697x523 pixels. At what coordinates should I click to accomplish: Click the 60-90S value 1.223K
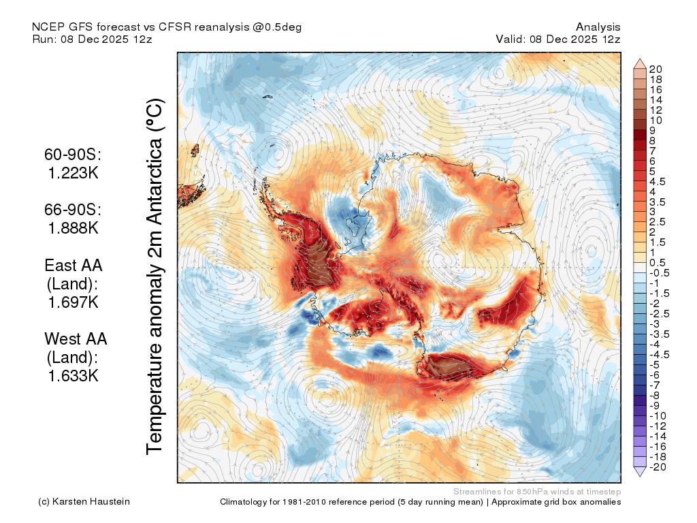coord(74,172)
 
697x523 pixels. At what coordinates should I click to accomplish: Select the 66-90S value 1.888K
coord(74,227)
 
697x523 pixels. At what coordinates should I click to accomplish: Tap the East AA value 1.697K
coord(74,302)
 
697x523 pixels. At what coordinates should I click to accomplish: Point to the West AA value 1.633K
coord(74,376)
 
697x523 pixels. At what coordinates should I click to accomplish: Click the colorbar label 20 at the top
coord(655,69)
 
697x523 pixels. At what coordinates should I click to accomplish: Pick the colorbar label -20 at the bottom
coord(658,467)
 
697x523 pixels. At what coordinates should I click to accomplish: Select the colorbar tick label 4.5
coord(658,182)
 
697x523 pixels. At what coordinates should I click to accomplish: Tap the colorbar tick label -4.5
coord(659,355)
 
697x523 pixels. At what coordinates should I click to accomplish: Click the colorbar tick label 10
coord(655,121)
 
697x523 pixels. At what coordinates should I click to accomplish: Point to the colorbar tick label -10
coord(658,416)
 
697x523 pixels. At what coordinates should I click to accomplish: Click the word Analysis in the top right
coord(598,27)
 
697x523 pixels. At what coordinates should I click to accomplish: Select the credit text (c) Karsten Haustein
coord(84,502)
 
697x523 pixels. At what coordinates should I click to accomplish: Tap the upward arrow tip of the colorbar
coord(640,59)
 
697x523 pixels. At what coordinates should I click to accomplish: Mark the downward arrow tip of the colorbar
coord(640,477)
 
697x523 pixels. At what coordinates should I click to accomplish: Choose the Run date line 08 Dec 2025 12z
coord(107,39)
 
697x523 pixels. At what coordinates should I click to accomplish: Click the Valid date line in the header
coord(558,39)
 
